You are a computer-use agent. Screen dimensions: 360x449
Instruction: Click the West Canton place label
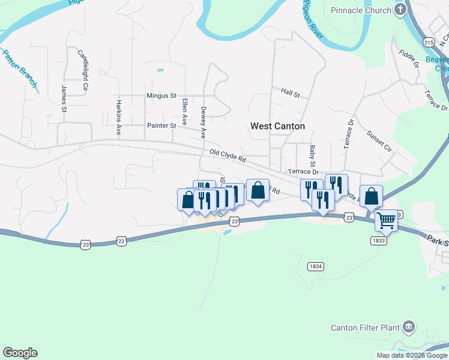pos(277,126)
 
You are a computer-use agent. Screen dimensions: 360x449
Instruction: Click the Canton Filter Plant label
pos(365,328)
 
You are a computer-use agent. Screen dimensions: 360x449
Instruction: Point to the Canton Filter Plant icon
pos(409,327)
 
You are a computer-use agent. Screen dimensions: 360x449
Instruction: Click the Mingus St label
pos(161,95)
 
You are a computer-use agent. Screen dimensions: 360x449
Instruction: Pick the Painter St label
pos(161,125)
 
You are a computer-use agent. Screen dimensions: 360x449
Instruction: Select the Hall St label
pos(290,92)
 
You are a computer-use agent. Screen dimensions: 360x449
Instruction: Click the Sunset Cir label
pos(379,141)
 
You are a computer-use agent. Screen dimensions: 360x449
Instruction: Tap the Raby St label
pos(312,156)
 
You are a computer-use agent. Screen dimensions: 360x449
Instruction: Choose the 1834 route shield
pos(315,266)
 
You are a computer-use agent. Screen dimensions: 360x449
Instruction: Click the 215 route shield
pos(428,42)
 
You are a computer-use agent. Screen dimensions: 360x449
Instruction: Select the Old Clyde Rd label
pos(228,156)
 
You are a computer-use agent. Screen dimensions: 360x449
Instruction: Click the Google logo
pos(20,353)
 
